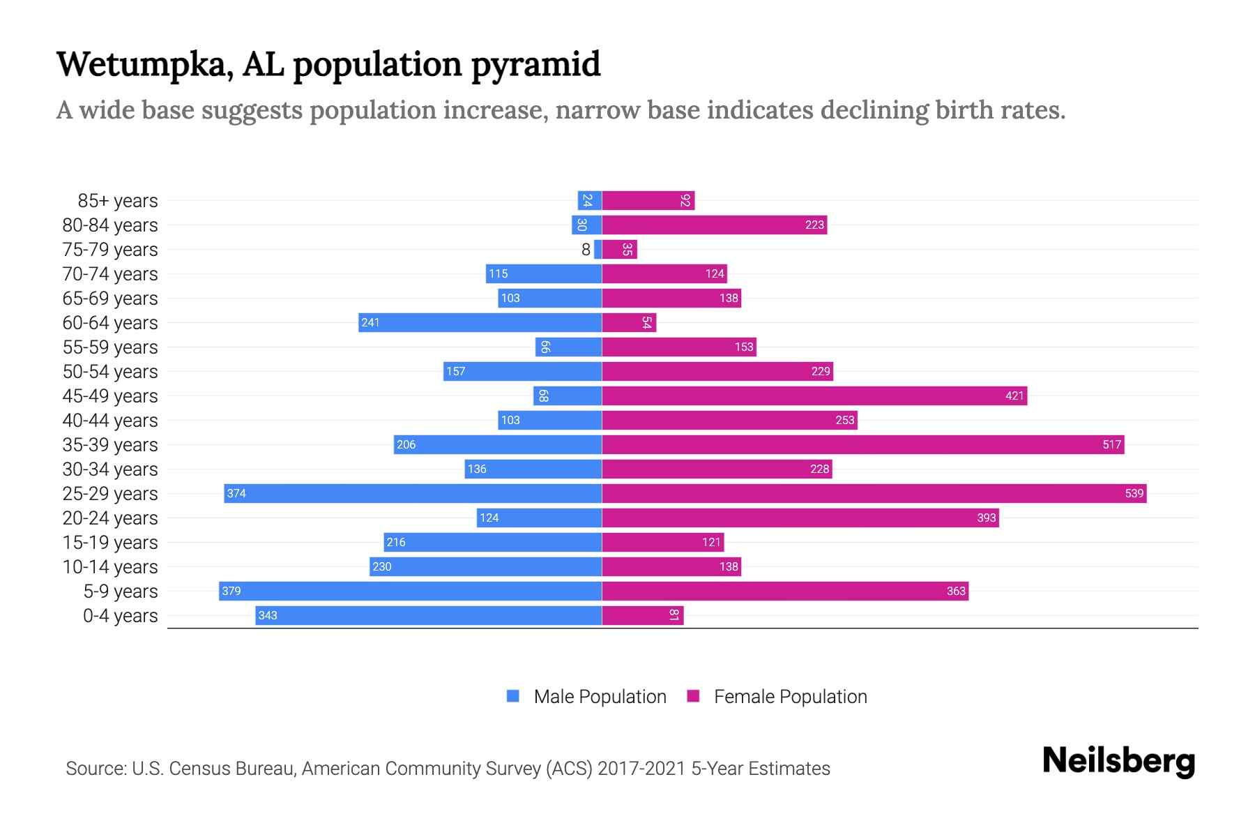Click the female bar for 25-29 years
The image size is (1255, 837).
(874, 493)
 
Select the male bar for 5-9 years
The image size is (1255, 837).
(410, 591)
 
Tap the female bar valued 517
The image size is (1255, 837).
(862, 444)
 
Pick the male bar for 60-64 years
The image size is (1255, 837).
(480, 322)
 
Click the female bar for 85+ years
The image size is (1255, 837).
(648, 200)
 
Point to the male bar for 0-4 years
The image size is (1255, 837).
(428, 615)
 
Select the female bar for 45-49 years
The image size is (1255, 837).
(814, 395)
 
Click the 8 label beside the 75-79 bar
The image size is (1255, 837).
(586, 249)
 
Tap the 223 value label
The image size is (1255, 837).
(814, 225)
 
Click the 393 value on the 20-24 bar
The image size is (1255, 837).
(986, 518)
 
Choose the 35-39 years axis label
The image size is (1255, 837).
(110, 444)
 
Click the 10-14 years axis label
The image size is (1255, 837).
(110, 566)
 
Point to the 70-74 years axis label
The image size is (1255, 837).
(110, 273)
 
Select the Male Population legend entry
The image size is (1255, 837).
(599, 696)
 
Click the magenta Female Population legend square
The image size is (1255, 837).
(693, 696)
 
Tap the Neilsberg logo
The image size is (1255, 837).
(1118, 760)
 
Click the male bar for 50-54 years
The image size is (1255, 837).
(522, 371)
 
